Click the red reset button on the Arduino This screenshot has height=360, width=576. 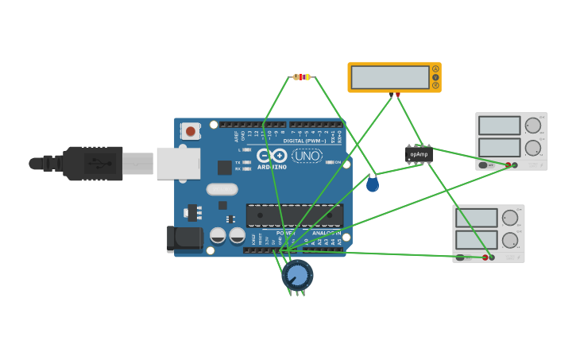tap(191, 131)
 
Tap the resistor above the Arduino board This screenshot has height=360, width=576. tap(301, 77)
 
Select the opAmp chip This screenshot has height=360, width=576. tap(419, 154)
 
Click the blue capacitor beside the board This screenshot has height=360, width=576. tap(373, 184)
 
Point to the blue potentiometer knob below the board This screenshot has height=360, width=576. tap(297, 275)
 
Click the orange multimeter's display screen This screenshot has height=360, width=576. tap(389, 77)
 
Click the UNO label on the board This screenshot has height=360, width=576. tap(307, 156)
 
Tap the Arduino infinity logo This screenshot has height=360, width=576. tap(272, 156)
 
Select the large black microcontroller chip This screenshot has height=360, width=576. tap(295, 215)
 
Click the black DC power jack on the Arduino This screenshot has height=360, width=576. tap(185, 238)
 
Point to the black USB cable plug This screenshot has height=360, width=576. tap(94, 164)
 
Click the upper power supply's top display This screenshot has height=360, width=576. tap(499, 126)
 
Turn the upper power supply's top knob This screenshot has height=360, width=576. tap(532, 126)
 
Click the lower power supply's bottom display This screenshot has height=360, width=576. tap(476, 240)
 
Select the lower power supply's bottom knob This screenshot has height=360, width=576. tap(509, 240)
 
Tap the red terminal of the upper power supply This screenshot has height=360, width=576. tap(508, 165)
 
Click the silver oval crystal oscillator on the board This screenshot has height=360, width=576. tap(222, 189)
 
